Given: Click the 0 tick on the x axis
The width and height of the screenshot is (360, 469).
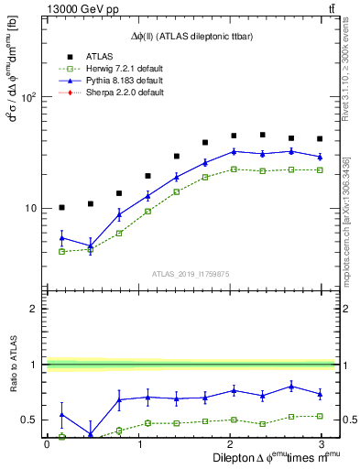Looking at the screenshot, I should pos(48,444).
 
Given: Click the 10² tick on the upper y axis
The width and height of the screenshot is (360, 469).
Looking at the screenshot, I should pos(27,97).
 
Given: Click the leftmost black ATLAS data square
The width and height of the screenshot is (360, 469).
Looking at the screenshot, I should pos(61,207).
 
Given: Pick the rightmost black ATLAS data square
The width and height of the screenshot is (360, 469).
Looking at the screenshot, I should pos(319,139).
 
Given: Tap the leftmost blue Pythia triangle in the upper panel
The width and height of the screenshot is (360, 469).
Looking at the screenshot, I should pos(61,238).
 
